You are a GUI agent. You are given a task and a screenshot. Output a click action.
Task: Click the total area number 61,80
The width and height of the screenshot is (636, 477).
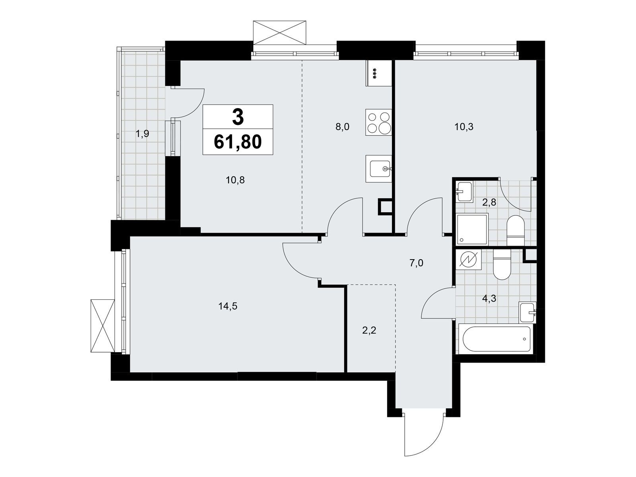[x=238, y=142]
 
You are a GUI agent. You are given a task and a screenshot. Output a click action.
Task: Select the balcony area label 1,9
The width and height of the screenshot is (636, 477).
[x=142, y=134]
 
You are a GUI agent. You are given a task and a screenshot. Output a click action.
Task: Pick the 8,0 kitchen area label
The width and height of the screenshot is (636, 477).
[x=342, y=127]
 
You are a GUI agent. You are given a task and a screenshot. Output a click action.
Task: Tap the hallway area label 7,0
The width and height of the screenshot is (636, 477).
[x=416, y=263]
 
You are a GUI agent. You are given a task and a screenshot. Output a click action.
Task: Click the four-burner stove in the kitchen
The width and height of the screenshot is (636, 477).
[x=378, y=123]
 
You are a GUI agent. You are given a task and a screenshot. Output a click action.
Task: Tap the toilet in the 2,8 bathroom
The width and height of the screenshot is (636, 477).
[x=516, y=231]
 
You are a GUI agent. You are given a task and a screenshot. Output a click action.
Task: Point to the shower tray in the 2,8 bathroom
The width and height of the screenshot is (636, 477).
[x=472, y=229]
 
